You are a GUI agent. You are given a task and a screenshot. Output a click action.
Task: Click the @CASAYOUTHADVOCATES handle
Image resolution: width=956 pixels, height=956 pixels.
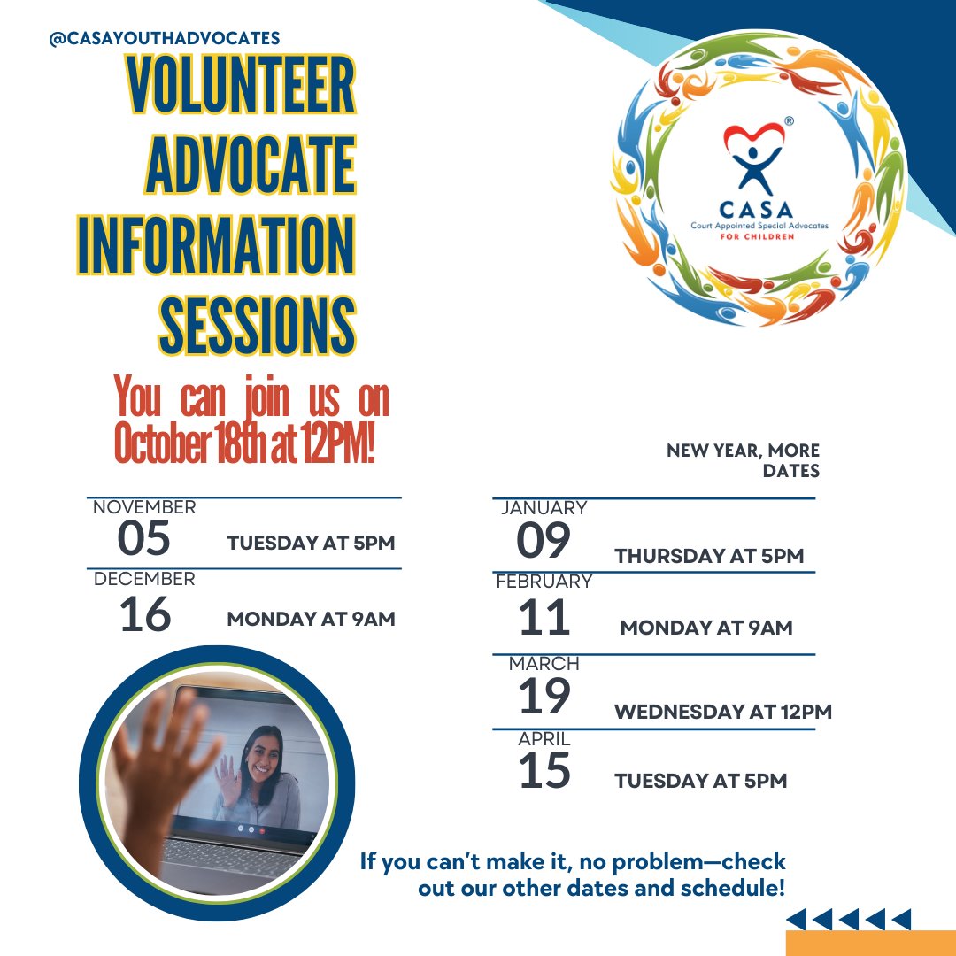pos(165,38)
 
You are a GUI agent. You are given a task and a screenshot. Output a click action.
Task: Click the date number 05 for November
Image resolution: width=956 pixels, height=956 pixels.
pos(143,539)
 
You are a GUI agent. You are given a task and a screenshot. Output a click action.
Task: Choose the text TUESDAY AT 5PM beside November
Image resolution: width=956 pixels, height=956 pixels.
pos(310,543)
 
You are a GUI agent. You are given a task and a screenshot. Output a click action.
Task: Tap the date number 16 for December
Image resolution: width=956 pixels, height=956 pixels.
pos(144,614)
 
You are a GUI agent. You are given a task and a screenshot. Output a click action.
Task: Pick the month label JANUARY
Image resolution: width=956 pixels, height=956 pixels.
pos(544,508)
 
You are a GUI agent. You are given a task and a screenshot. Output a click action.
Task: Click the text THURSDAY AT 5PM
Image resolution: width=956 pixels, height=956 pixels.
pos(709,556)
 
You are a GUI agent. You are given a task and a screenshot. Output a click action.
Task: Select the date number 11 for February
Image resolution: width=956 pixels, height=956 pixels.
pos(544,618)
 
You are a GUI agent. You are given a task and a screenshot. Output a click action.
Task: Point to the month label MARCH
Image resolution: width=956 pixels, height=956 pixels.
pos(544,663)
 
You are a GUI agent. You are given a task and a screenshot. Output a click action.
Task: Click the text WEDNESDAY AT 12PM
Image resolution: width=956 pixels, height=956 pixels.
pos(722,712)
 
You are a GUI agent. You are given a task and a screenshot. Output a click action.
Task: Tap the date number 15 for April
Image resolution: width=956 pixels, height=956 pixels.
pos(544,771)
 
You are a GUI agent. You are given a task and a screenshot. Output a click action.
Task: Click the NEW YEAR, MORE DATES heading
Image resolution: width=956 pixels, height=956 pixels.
pos(744,461)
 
